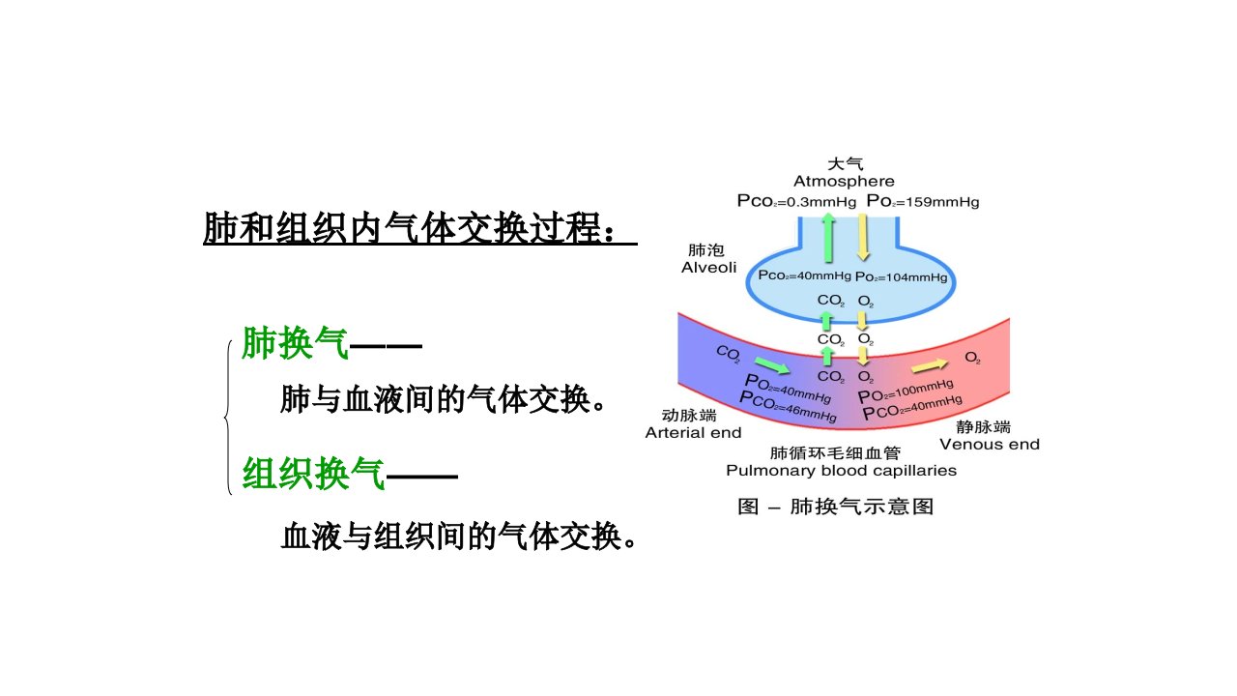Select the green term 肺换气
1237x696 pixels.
click(296, 343)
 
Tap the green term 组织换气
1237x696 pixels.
click(314, 474)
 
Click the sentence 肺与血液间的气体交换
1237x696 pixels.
click(435, 399)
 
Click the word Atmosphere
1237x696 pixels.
click(844, 181)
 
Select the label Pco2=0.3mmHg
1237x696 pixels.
click(796, 201)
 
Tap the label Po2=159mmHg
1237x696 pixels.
click(923, 201)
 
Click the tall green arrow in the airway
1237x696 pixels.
click(828, 238)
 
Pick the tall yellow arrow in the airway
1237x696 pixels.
click(863, 238)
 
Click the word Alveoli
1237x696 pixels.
click(709, 268)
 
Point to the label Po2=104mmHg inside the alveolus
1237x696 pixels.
click(902, 276)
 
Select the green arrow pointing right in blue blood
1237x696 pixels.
click(772, 365)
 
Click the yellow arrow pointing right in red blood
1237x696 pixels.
click(930, 365)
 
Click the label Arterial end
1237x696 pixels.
click(693, 432)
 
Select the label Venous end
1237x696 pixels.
click(990, 444)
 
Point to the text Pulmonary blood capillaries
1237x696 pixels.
click(841, 471)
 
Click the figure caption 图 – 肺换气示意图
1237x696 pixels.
click(836, 506)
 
